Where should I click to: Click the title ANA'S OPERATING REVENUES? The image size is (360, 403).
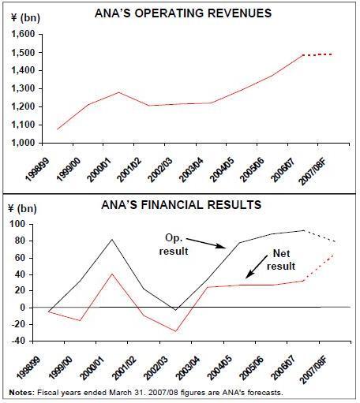pyautogui.click(x=183, y=13)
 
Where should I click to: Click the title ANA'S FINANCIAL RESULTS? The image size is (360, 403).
pyautogui.click(x=182, y=205)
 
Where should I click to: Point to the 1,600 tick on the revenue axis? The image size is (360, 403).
pyautogui.click(x=24, y=34)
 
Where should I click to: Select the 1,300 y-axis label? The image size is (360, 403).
pyautogui.click(x=24, y=88)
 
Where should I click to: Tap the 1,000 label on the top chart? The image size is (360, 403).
pyautogui.click(x=24, y=143)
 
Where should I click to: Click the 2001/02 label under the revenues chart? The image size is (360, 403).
pyautogui.click(x=129, y=170)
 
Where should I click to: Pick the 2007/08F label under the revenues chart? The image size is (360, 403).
pyautogui.click(x=313, y=172)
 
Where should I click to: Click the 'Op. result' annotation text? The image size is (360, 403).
pyautogui.click(x=174, y=244)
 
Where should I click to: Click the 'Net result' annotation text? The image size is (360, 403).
pyautogui.click(x=281, y=260)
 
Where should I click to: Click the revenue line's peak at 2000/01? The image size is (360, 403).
pyautogui.click(x=118, y=92)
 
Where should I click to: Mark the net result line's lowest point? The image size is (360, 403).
pyautogui.click(x=176, y=331)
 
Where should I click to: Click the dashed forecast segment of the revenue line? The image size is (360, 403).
pyautogui.click(x=318, y=54)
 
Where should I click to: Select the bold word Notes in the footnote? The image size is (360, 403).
pyautogui.click(x=22, y=393)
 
